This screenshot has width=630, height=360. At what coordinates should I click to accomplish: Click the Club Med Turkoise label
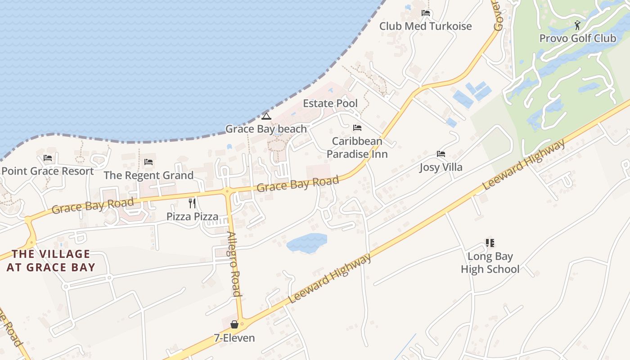click(425, 26)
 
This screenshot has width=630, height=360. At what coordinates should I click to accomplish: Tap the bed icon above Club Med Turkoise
click(426, 13)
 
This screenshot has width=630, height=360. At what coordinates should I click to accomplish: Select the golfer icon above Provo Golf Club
click(577, 25)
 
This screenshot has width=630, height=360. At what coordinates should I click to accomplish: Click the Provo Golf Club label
click(577, 38)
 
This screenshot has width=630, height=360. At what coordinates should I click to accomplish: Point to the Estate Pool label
click(330, 103)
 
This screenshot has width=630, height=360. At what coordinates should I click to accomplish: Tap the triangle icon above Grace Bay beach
click(266, 117)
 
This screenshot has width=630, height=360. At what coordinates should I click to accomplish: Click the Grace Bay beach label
click(266, 129)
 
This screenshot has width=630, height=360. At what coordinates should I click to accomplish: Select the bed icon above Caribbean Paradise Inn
click(357, 128)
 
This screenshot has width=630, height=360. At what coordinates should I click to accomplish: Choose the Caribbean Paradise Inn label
click(357, 148)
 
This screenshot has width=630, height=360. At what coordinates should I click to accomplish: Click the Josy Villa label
click(441, 167)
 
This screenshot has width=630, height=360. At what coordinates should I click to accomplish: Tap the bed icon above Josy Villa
click(441, 154)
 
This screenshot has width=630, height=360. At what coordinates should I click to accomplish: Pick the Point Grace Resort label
click(48, 171)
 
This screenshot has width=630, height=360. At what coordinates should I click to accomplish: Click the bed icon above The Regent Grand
click(148, 162)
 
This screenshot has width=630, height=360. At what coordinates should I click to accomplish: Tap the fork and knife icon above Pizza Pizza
click(192, 203)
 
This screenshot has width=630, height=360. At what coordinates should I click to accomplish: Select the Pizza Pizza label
click(192, 216)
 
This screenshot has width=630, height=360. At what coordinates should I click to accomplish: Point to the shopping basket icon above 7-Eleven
click(234, 324)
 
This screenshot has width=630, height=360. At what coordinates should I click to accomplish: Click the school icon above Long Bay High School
click(490, 243)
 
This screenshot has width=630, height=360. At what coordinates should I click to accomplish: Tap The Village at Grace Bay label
click(51, 261)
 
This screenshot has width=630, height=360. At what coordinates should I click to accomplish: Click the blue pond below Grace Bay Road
click(306, 243)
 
